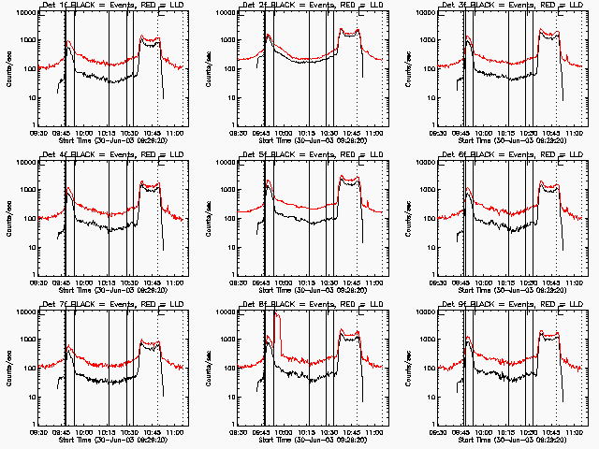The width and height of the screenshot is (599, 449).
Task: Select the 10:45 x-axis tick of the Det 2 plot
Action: click(351, 132)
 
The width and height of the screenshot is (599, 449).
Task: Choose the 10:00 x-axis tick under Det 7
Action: click(84, 430)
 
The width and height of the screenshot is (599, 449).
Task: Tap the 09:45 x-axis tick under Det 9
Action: click(461, 430)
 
